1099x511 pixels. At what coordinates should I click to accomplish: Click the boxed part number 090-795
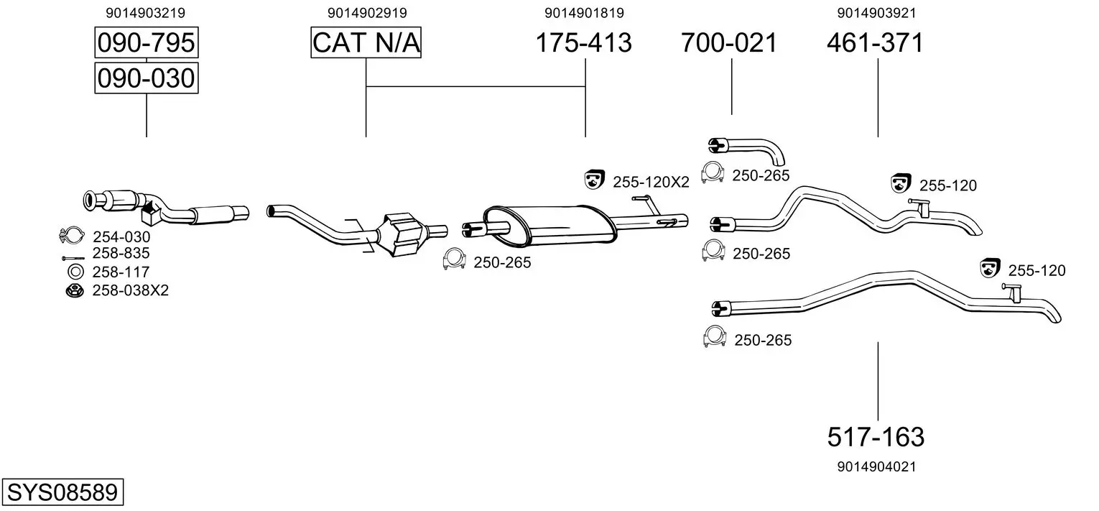[x=147, y=42]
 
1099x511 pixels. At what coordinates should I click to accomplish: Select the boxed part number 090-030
[x=147, y=78]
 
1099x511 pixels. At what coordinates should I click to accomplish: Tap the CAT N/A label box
[x=366, y=42]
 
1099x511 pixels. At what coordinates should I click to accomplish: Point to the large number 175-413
[x=584, y=42]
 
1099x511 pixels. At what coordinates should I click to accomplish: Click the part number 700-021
[x=729, y=42]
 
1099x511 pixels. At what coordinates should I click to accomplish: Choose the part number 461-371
[x=876, y=42]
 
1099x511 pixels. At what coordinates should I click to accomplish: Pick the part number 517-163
[x=876, y=436]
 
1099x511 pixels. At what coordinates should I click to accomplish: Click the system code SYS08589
[x=62, y=492]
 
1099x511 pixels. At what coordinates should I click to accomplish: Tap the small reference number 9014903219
[x=146, y=13]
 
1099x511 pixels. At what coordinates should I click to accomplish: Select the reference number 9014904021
[x=877, y=466]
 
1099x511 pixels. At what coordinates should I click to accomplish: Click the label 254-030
[x=121, y=237]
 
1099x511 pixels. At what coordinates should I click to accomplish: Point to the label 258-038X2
[x=131, y=290]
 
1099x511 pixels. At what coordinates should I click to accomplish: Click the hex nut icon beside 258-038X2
[x=75, y=290]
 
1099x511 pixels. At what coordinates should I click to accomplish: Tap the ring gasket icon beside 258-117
[x=76, y=272]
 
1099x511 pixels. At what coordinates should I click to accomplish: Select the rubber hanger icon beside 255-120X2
[x=594, y=180]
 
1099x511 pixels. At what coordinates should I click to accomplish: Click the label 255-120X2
[x=651, y=182]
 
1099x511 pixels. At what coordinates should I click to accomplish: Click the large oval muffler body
[x=549, y=225]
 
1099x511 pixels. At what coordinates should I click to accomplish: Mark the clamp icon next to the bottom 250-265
[x=714, y=336]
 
